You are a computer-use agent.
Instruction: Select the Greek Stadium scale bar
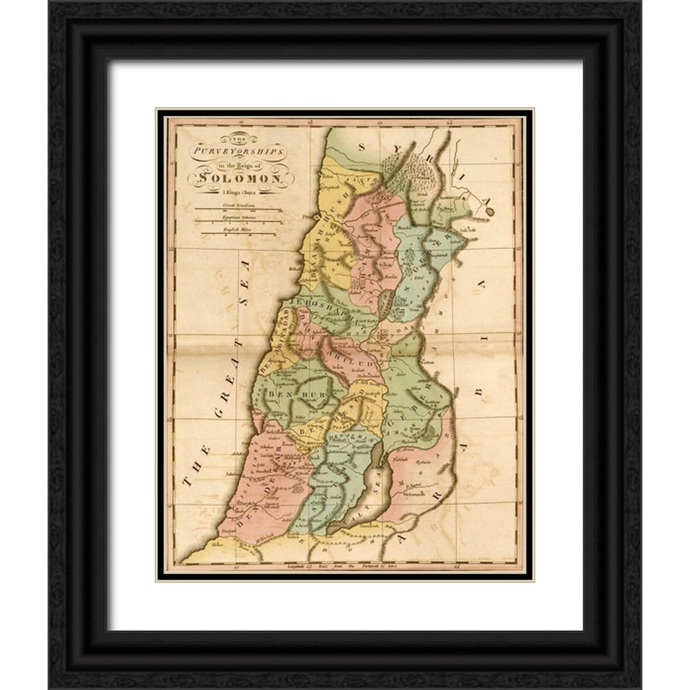tap(238, 208)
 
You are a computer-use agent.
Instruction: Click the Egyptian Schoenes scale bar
tap(238, 221)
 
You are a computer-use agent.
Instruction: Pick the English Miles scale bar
tap(238, 234)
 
